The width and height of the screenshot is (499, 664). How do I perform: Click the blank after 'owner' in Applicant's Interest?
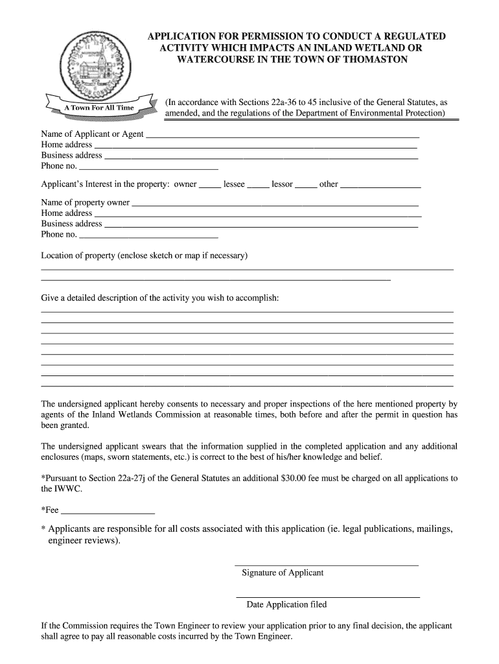(x=209, y=187)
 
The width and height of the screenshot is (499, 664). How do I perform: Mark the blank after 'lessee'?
(x=258, y=187)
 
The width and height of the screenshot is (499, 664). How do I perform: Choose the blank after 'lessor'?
(x=306, y=187)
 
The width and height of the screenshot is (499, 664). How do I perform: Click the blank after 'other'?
(x=380, y=187)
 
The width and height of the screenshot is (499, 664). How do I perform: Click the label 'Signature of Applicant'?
(x=283, y=573)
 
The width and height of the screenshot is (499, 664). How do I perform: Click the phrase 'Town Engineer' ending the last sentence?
(x=265, y=636)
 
